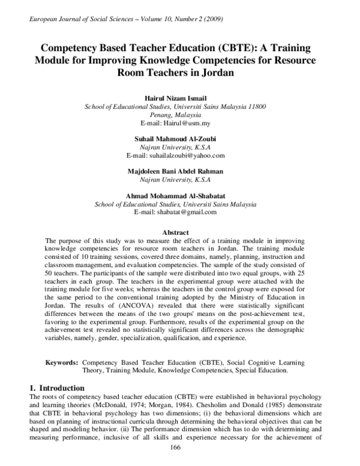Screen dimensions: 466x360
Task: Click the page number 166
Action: point(176,449)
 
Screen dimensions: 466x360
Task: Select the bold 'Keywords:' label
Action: point(62,363)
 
